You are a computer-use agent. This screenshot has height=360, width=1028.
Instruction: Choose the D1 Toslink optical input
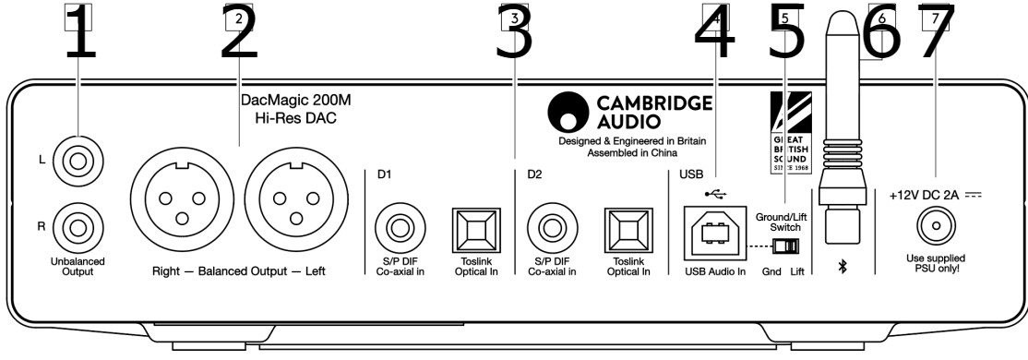tap(476, 230)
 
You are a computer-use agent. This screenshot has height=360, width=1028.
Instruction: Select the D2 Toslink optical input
tap(628, 230)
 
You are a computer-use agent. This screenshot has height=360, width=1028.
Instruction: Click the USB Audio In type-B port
tap(713, 233)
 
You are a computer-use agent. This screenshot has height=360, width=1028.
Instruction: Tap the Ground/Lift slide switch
tap(786, 247)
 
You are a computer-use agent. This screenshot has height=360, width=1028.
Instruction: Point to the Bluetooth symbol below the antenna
tap(843, 267)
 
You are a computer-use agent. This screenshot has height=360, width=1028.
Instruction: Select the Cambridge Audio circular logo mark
tap(568, 112)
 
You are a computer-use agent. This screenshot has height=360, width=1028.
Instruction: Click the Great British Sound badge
tap(791, 132)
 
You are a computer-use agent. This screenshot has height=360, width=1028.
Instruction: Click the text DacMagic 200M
tap(284, 102)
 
